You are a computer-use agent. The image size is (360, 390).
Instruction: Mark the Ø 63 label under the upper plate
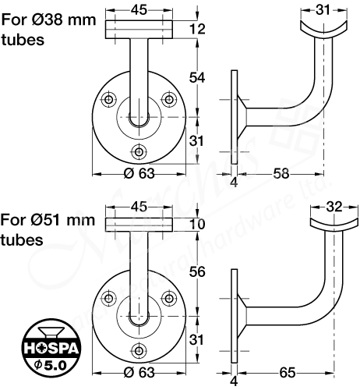(138, 175)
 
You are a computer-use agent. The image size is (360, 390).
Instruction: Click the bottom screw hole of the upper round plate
(139, 150)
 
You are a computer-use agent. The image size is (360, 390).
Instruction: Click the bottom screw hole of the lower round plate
(139, 349)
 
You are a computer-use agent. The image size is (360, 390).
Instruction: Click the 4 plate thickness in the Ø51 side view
(234, 382)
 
